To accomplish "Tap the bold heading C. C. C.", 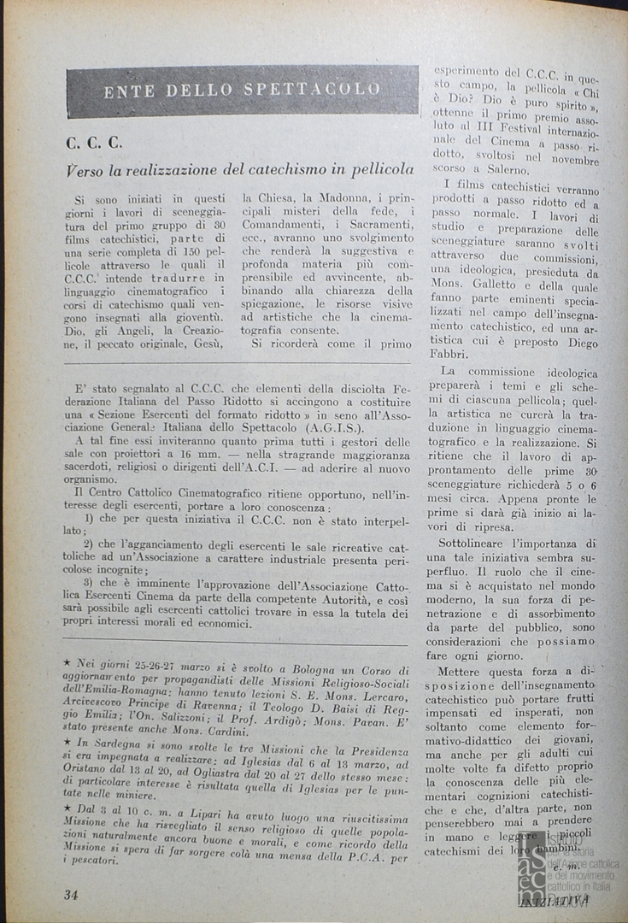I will tap(94, 143).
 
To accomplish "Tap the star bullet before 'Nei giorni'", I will tap(68, 662).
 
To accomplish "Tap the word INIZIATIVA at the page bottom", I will tap(556, 899).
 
